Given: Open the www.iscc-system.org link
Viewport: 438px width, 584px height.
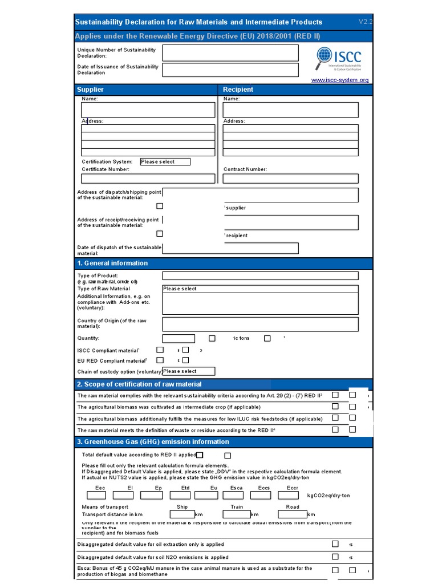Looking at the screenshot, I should (x=340, y=80).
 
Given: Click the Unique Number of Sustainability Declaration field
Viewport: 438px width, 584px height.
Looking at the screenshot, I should (x=230, y=53).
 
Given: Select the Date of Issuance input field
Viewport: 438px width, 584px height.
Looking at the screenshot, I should (x=230, y=70).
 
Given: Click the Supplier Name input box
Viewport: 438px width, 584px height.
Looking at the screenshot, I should (x=148, y=109).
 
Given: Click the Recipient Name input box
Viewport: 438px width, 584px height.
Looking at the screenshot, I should (x=290, y=109).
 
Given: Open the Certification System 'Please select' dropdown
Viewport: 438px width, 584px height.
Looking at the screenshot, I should (x=165, y=162).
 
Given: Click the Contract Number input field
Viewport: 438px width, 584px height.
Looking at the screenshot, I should (x=290, y=179).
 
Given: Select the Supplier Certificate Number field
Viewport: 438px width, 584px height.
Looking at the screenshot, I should (x=148, y=179).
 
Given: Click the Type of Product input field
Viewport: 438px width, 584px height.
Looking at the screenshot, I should (x=260, y=276).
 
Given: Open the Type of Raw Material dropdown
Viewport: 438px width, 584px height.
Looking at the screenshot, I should (x=260, y=289).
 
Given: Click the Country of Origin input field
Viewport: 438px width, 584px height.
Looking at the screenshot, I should (x=260, y=324).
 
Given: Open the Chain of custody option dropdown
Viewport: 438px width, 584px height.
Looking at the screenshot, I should (x=188, y=371).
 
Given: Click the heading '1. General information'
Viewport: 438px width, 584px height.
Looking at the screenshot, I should (x=112, y=263).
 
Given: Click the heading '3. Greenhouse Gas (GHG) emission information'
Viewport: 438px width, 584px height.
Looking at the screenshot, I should (x=152, y=442).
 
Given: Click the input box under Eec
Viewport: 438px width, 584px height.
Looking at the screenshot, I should (x=100, y=496).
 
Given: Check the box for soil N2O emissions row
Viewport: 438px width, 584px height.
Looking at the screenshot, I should (x=335, y=557).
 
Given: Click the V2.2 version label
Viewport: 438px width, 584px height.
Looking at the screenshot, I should (x=365, y=22).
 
